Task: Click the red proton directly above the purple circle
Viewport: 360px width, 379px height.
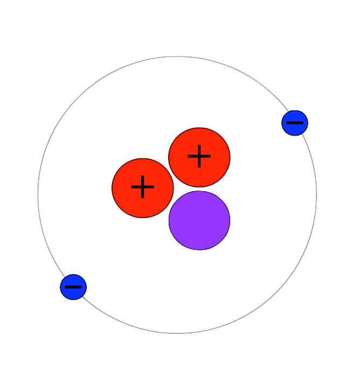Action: (x=199, y=157)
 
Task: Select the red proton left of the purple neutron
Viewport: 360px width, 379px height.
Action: (x=142, y=188)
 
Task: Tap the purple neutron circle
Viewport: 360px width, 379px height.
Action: (x=199, y=220)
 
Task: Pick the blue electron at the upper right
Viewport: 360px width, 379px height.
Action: (x=295, y=123)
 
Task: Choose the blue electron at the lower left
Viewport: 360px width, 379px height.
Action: (x=73, y=287)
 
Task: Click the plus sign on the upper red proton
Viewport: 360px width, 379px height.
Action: (x=199, y=156)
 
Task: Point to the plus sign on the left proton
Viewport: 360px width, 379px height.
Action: (x=142, y=187)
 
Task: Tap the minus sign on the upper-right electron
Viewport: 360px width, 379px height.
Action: (x=295, y=123)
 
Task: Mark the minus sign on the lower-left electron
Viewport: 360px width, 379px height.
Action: (x=73, y=287)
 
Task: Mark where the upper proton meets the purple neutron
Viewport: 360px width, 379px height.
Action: (x=199, y=189)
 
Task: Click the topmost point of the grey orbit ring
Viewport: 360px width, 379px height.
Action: (x=177, y=57)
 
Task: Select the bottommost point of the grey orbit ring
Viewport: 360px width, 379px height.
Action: (x=177, y=334)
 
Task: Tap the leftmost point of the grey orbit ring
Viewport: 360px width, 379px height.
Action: (x=38, y=195)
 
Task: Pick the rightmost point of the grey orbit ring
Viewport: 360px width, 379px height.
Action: (x=317, y=195)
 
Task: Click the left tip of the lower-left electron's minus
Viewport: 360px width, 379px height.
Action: (x=65, y=287)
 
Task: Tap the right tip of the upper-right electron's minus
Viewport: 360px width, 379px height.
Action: (x=303, y=123)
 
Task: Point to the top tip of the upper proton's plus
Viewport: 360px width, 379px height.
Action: (x=199, y=145)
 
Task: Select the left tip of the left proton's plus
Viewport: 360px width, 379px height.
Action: (x=131, y=187)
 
